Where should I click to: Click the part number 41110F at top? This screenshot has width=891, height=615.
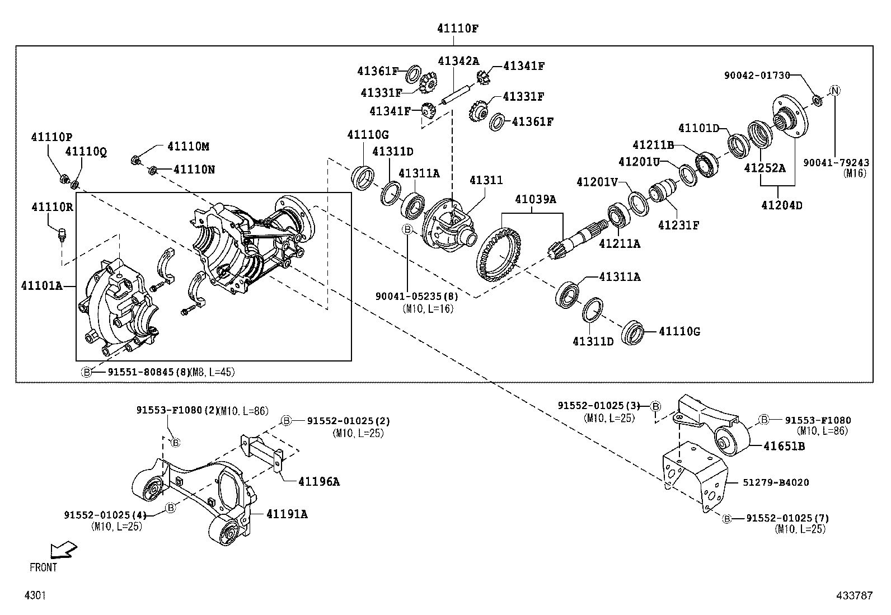pyautogui.click(x=458, y=28)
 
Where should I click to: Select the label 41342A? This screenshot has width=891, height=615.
pyautogui.click(x=458, y=60)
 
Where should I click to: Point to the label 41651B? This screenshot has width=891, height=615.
pyautogui.click(x=784, y=446)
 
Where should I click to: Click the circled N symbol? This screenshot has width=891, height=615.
pyautogui.click(x=834, y=91)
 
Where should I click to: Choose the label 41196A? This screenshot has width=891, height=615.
pyautogui.click(x=319, y=481)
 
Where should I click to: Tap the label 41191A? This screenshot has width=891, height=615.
pyautogui.click(x=287, y=513)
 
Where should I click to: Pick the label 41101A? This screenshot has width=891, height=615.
pyautogui.click(x=42, y=285)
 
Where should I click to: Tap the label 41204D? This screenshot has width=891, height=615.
pyautogui.click(x=781, y=205)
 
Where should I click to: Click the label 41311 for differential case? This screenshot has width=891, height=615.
pyautogui.click(x=486, y=180)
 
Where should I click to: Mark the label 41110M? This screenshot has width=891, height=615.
pyautogui.click(x=188, y=147)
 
